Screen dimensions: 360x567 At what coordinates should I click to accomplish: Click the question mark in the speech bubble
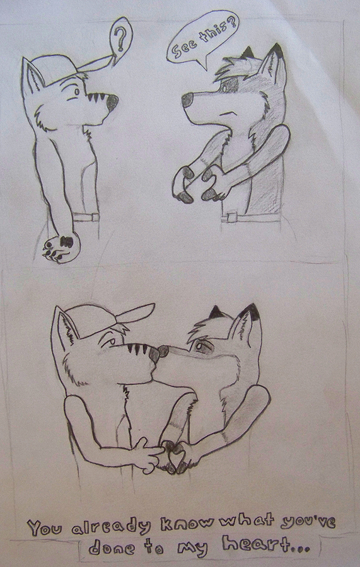click(120, 39)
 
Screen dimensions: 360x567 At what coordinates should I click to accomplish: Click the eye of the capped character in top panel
click(77, 91)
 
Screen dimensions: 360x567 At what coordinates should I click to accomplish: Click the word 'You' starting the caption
click(45, 527)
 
